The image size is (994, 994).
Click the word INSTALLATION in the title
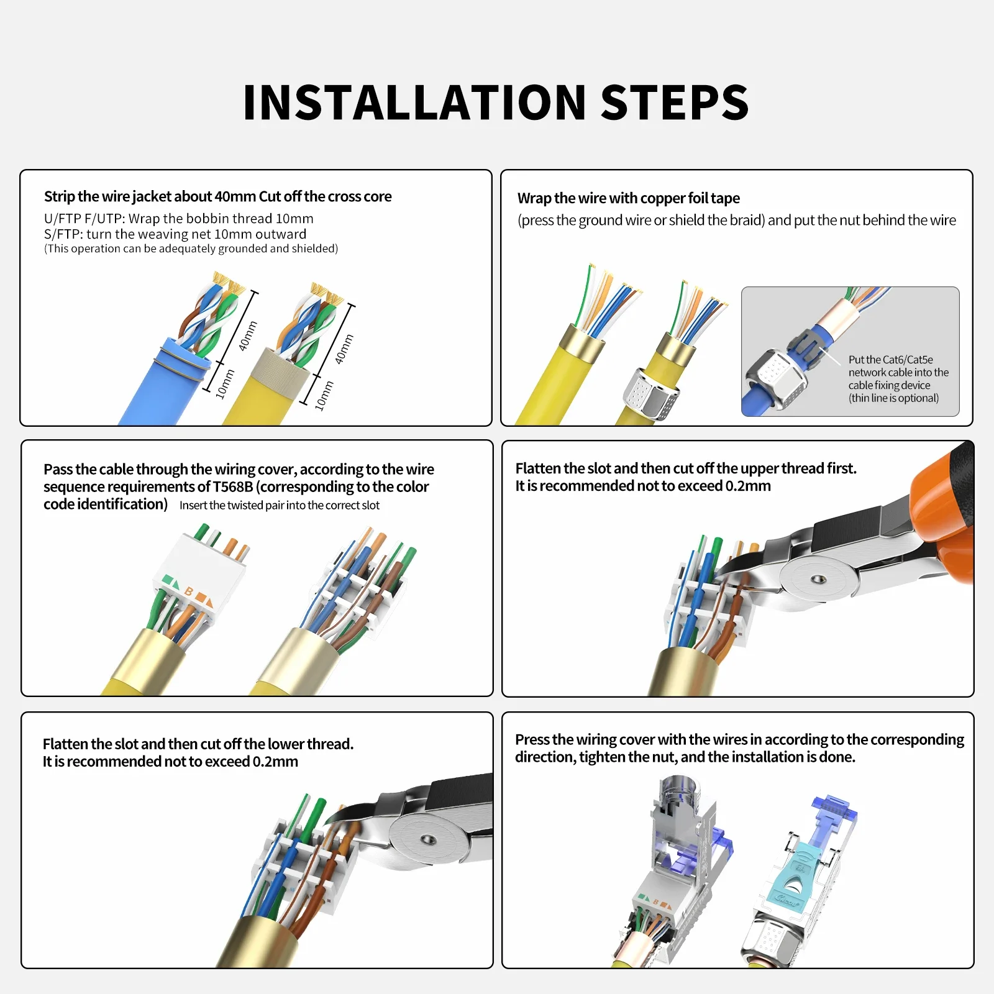(x=415, y=103)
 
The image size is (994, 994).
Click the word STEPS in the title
(x=675, y=103)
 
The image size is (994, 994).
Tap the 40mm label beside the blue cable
(x=248, y=335)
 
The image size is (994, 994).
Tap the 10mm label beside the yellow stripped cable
(x=324, y=396)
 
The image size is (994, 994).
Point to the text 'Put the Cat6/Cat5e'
(x=891, y=360)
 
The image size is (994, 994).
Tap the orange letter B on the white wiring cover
(x=189, y=591)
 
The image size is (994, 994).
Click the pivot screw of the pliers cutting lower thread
(x=427, y=841)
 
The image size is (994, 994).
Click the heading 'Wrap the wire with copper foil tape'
(x=629, y=198)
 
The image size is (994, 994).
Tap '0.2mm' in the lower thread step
(x=275, y=762)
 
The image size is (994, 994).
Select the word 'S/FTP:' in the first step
(x=63, y=234)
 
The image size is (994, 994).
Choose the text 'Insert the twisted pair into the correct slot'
(x=280, y=505)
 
